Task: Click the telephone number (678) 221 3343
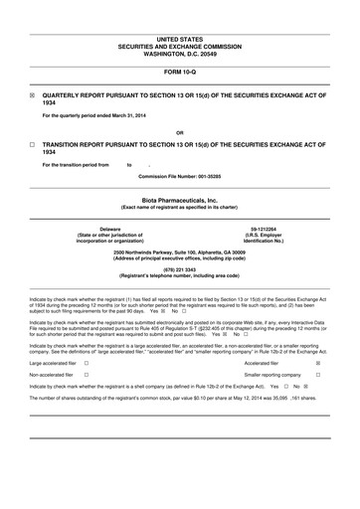click(179, 268)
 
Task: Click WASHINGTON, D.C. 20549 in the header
click(179, 51)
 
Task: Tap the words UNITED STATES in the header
click(179, 37)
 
